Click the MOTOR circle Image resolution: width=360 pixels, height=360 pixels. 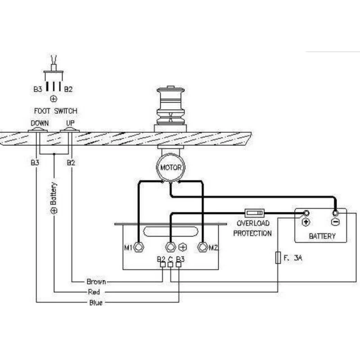[x=171, y=168]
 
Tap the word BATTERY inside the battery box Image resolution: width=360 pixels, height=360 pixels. [x=322, y=236]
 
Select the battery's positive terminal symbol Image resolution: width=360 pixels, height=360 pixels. [x=306, y=222]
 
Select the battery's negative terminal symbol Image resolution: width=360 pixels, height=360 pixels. [x=335, y=222]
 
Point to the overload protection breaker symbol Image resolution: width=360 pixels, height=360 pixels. [x=254, y=212]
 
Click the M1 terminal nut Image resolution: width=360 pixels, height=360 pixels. [x=139, y=247]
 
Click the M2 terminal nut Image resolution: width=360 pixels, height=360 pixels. [x=202, y=247]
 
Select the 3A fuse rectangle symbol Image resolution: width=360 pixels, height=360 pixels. [x=278, y=258]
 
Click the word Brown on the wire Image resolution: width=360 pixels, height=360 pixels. [x=96, y=282]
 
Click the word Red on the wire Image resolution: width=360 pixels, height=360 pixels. [x=94, y=292]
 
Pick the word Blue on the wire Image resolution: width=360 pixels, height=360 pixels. [x=96, y=303]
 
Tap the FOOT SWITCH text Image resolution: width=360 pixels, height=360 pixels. [x=55, y=111]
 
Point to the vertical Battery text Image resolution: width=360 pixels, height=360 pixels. [x=54, y=198]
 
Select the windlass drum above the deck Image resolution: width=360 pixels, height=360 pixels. [x=170, y=106]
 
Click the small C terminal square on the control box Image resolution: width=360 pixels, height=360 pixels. [x=171, y=265]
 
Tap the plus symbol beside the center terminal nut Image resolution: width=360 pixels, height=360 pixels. [x=183, y=247]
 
